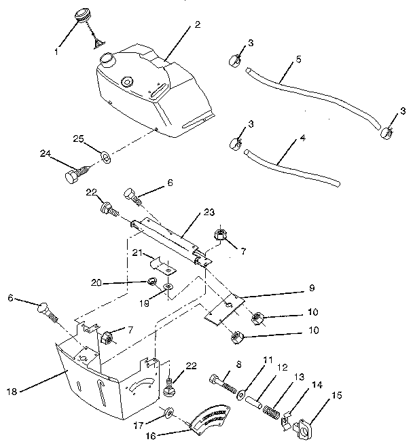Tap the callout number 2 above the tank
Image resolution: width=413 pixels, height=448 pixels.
[x=197, y=25]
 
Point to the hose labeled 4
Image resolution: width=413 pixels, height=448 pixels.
[x=292, y=164]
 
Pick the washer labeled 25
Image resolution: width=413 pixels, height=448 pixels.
[x=107, y=158]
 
